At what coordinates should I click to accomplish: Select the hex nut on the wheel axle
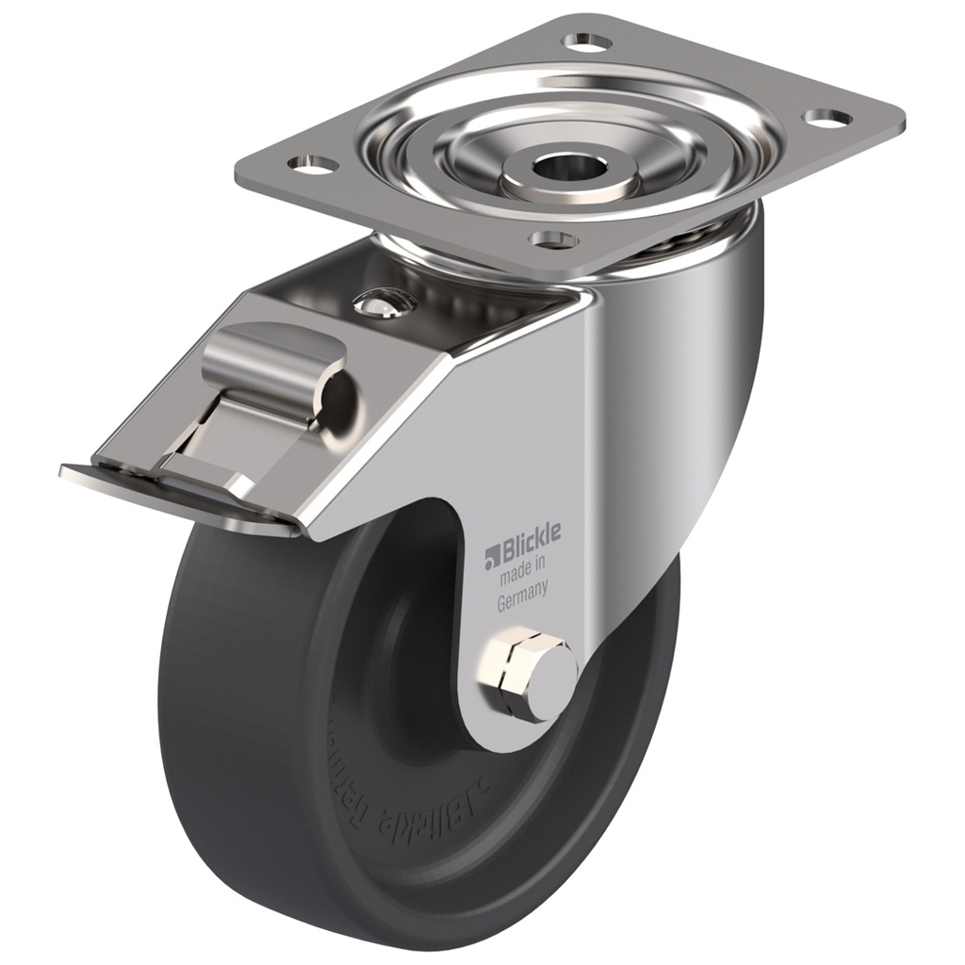coord(514,673)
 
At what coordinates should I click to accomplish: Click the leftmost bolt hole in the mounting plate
coord(313,165)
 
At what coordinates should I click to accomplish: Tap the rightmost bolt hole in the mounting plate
coord(826,118)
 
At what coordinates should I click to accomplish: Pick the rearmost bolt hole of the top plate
coord(586,41)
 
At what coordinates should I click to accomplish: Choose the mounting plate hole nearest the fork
coord(553,238)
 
